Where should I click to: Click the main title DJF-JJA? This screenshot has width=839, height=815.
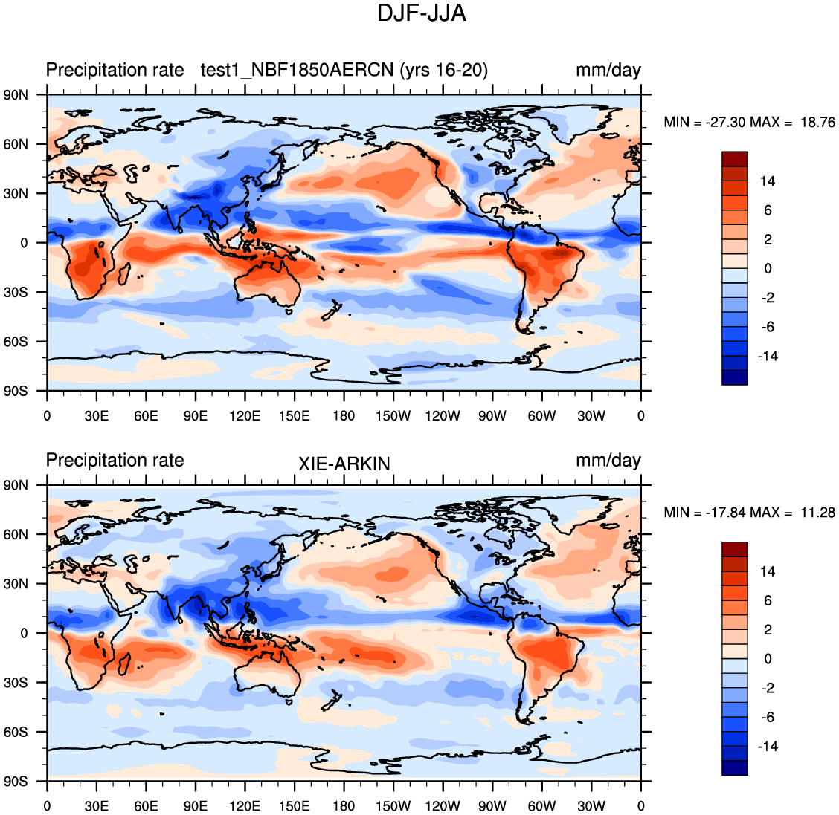click(x=421, y=13)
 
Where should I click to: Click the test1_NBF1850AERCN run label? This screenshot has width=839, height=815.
click(x=344, y=71)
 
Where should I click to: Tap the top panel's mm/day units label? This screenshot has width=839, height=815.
click(x=608, y=71)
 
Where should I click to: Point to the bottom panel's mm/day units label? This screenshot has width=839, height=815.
click(x=608, y=461)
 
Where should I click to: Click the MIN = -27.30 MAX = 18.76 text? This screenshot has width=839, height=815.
click(x=749, y=123)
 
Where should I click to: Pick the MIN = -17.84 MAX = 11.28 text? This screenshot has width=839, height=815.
click(x=749, y=513)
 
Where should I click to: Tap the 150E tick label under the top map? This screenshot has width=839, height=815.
click(x=295, y=416)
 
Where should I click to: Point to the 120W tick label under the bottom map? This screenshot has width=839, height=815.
click(x=443, y=806)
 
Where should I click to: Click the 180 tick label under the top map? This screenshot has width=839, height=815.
click(x=344, y=416)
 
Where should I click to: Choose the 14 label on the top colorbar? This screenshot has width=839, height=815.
click(x=767, y=181)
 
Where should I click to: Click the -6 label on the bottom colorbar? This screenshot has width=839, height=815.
click(x=767, y=718)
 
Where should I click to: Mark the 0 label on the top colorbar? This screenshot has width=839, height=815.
click(x=768, y=269)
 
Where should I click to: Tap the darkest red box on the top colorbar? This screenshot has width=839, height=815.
click(x=735, y=159)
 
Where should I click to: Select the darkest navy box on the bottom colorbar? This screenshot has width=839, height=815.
click(x=735, y=768)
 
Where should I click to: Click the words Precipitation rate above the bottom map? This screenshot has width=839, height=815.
click(x=115, y=461)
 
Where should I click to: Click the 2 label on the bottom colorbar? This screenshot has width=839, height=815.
click(x=768, y=630)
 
